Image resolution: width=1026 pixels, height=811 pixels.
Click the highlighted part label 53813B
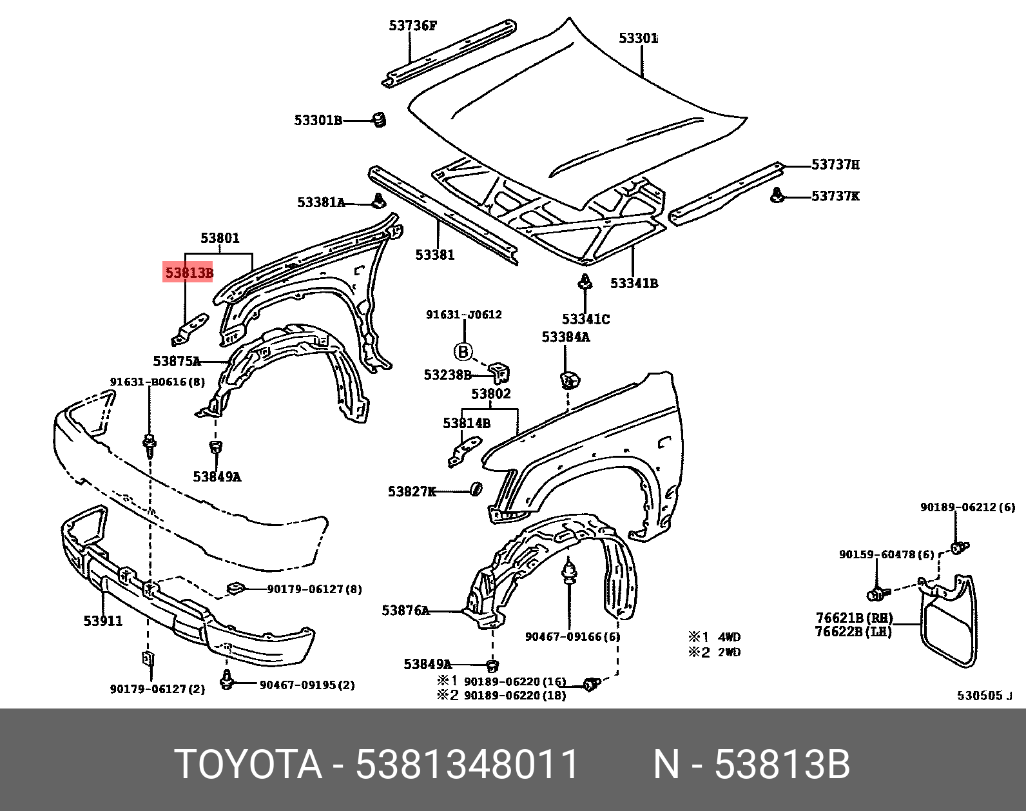coord(188,273)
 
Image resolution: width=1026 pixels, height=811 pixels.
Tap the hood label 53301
coord(638,39)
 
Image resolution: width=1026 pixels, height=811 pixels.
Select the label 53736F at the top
coord(412,26)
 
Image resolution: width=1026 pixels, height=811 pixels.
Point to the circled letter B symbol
coord(463,352)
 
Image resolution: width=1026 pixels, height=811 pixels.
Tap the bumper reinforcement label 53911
coord(102,621)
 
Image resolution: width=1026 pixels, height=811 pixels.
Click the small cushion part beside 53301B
coord(380,119)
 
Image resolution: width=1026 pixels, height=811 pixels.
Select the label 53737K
coord(835,196)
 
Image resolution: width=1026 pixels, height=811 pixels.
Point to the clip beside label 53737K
coord(779,195)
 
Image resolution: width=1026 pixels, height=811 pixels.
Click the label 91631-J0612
coord(463,315)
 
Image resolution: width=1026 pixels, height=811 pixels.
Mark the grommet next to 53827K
coord(477,489)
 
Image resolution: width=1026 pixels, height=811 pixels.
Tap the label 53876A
coord(405,610)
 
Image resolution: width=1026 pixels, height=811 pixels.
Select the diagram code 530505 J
coord(985,696)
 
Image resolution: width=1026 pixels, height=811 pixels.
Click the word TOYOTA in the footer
coord(248,765)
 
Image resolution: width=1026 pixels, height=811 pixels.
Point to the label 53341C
coord(585,319)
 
